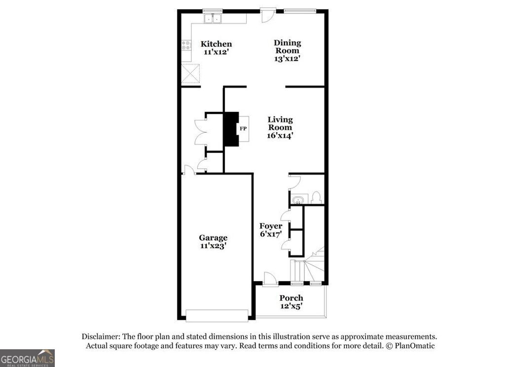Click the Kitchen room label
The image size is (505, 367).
pos(216,44)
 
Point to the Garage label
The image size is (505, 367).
pos(213,238)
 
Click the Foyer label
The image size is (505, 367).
pos(271,226)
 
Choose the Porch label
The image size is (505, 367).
pos(291,298)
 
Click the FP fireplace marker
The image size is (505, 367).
pos(243,129)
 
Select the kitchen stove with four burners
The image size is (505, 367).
pos(186,46)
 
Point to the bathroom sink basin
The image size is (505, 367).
pos(297,200)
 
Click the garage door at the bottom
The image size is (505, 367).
pos(217,315)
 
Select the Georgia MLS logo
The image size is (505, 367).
pos(27,358)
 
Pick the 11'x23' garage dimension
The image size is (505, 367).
pos(213,246)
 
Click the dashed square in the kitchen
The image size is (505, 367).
pos(191,74)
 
